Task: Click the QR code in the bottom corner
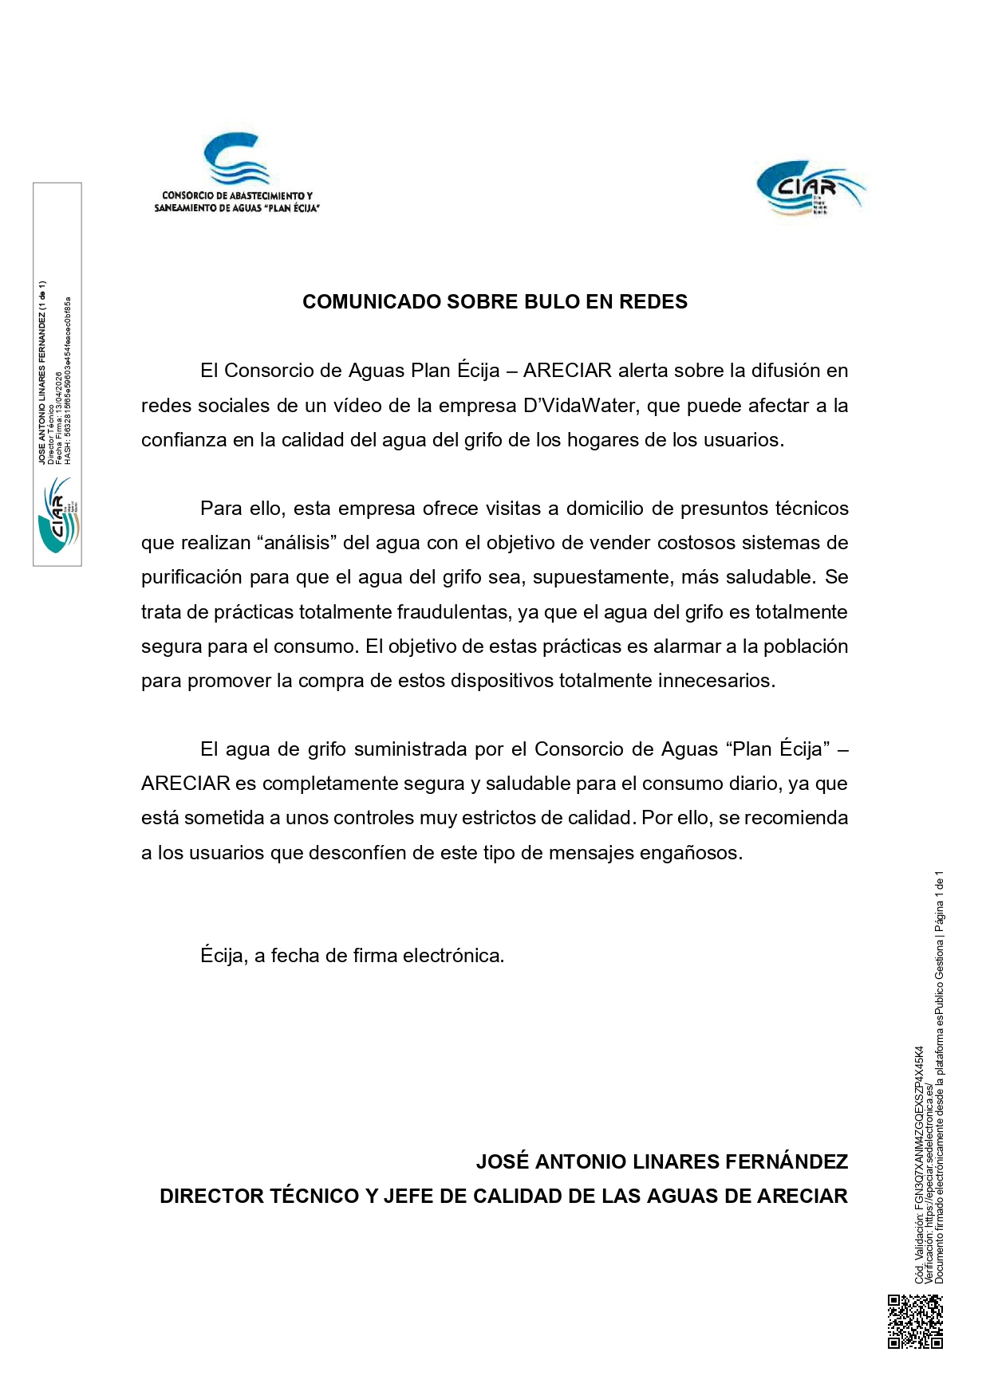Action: coord(915,1321)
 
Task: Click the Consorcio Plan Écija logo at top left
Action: coord(237,173)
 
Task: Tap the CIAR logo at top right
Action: coord(810,188)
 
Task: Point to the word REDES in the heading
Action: coord(653,302)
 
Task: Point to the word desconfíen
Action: coord(370,853)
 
